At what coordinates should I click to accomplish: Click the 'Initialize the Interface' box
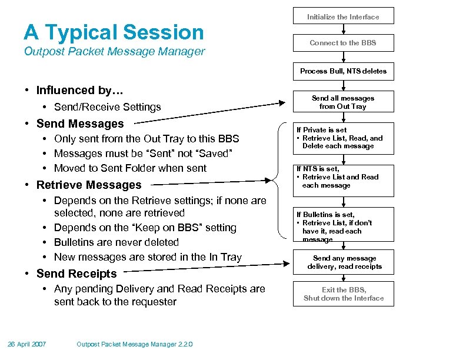pos(344,16)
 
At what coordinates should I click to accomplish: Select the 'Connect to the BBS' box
pos(344,42)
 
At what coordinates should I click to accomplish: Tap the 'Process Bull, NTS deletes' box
pos(344,71)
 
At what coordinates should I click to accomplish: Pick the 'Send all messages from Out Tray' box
pos(344,102)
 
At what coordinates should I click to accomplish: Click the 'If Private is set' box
pos(344,138)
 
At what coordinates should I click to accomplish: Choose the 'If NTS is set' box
pos(344,177)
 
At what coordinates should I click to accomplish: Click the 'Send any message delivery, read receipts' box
pos(344,262)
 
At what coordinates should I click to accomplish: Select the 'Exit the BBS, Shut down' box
pos(344,294)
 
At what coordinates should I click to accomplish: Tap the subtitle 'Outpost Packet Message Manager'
pos(114,51)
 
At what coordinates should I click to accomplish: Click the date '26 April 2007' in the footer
pos(27,344)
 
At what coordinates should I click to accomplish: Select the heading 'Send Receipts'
pos(76,274)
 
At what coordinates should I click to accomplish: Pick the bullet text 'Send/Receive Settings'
pos(107,107)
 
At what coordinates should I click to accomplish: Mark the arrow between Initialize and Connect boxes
pos(344,29)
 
